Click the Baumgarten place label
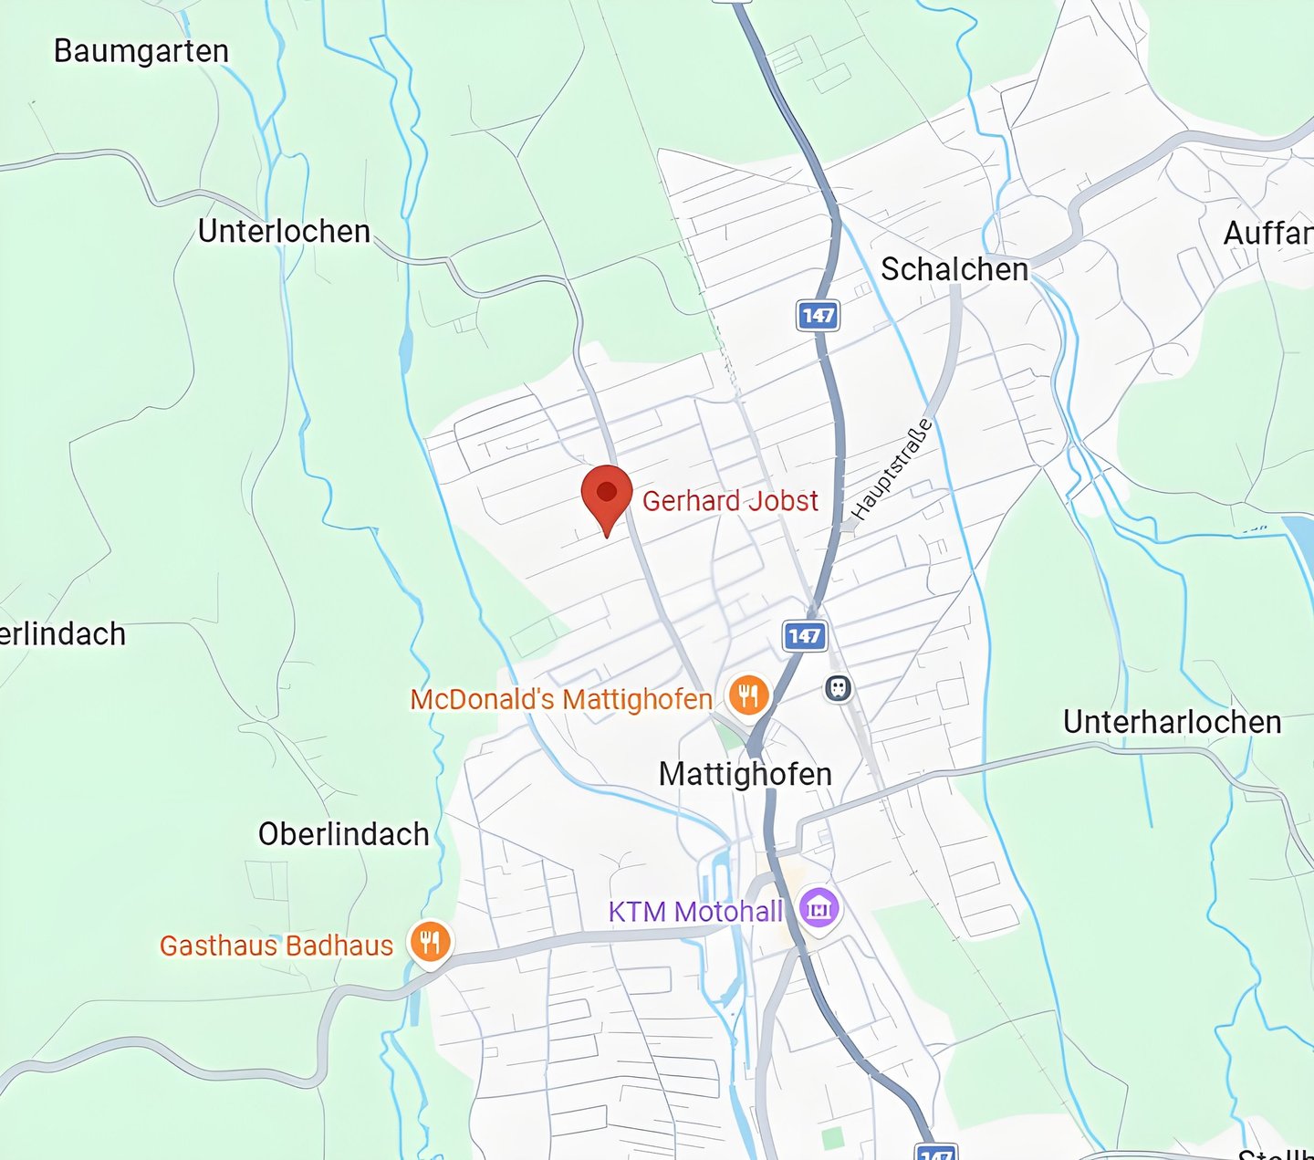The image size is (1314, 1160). coord(141,51)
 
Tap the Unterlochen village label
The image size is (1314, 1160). coord(284,232)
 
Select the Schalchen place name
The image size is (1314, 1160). coord(954,269)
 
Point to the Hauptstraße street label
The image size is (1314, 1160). coord(892,469)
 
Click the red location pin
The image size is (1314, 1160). coord(607,495)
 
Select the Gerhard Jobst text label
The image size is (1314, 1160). coord(730,501)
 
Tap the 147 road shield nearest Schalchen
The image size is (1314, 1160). coord(818,316)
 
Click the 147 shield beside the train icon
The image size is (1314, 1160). coord(805,636)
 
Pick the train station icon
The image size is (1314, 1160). coord(838,688)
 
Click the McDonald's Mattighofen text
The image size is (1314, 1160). coord(561,699)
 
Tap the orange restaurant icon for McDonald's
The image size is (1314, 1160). coord(748,695)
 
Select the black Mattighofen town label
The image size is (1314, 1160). coord(745,774)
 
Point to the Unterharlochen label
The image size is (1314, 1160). coord(1172,722)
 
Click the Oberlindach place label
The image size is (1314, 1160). coord(343,834)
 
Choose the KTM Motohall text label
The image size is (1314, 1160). coord(695,911)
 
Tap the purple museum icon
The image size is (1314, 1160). coord(819,908)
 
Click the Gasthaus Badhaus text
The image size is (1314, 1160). coord(276,946)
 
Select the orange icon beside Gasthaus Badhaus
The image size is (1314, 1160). coord(430,941)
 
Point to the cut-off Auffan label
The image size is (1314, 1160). coord(1267,234)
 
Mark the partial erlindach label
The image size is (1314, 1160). coord(62,633)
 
